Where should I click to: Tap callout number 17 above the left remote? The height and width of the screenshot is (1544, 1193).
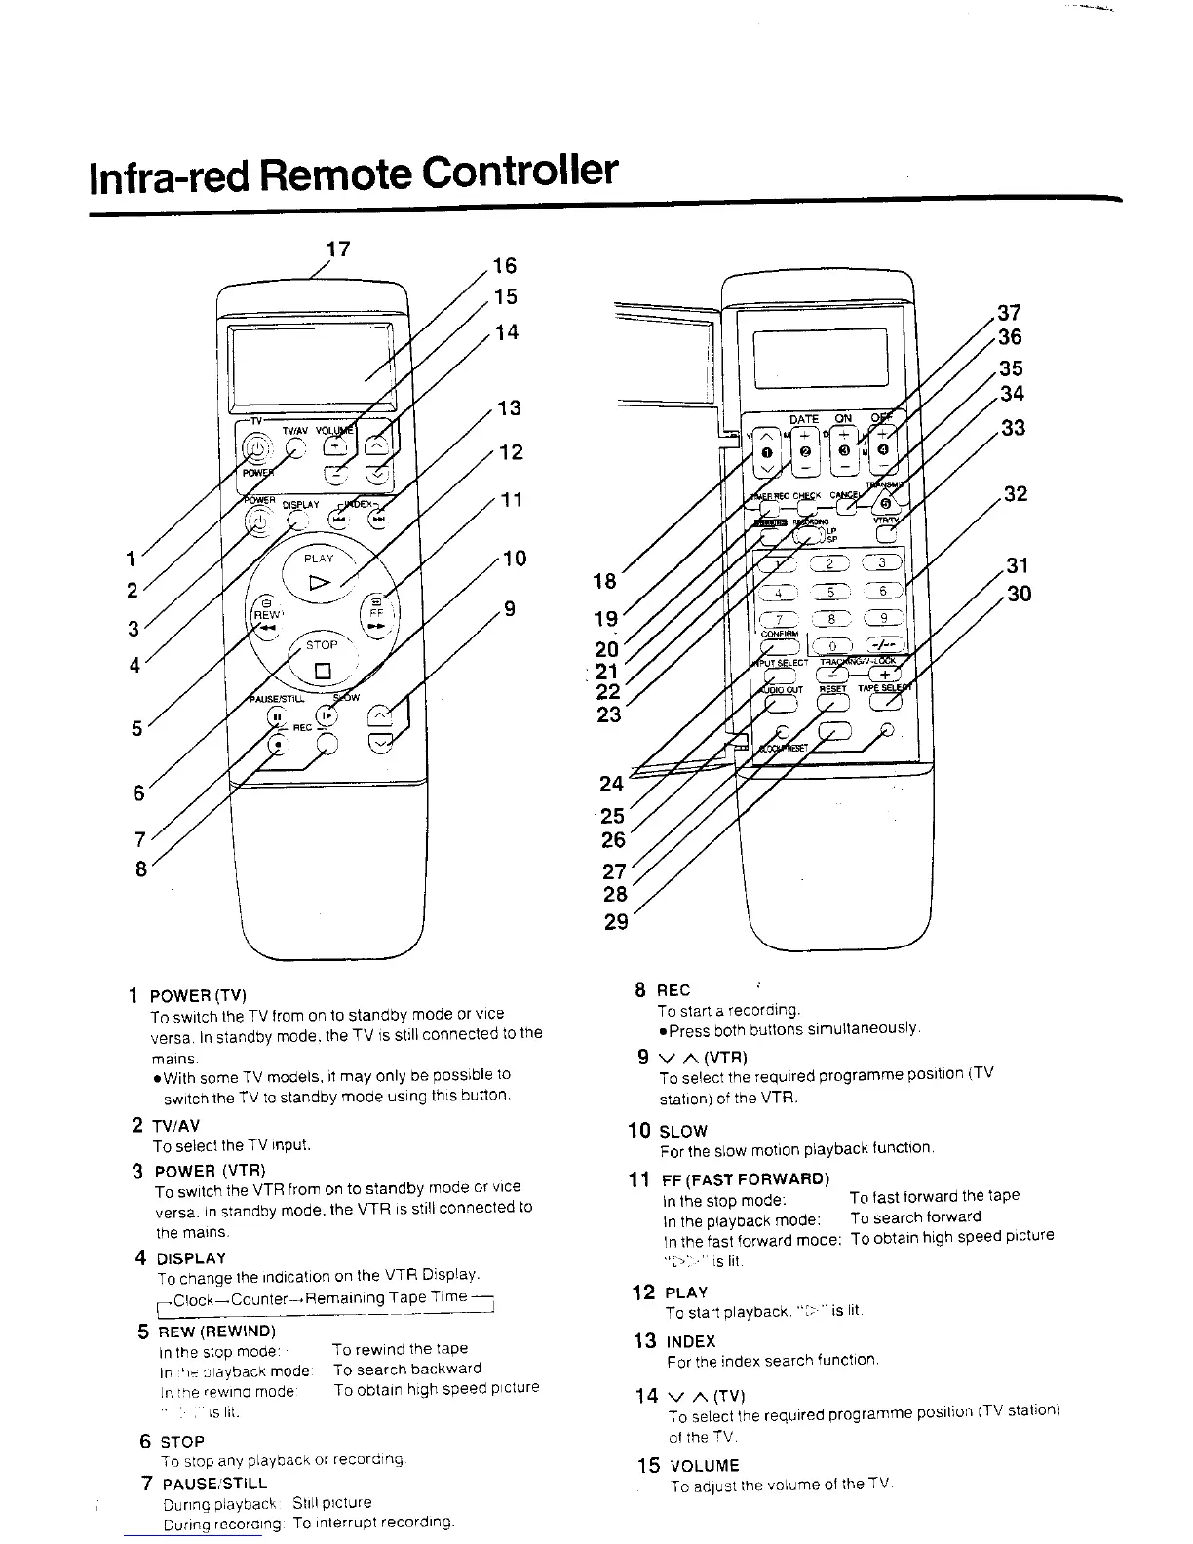tap(337, 250)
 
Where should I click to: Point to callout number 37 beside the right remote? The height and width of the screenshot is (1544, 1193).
tap(1010, 313)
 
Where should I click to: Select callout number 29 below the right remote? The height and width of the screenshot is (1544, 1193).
tap(616, 921)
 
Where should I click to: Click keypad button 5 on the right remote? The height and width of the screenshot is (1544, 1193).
tap(831, 592)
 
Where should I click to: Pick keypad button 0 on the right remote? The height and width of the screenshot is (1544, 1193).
tap(831, 646)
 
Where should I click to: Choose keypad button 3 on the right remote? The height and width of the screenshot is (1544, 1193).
tap(883, 562)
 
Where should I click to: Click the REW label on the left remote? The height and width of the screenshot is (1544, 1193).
tap(265, 615)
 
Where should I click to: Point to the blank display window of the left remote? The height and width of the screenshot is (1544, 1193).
tap(310, 366)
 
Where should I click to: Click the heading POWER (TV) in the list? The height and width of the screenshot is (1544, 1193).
tap(198, 995)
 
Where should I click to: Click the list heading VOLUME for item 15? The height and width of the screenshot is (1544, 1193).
tap(703, 1465)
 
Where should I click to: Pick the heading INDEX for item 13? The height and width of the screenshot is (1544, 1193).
tap(691, 1341)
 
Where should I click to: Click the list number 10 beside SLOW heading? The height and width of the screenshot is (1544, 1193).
tap(639, 1131)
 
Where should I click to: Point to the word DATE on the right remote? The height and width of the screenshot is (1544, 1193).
tap(804, 419)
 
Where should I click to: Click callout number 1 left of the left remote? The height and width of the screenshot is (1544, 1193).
tap(131, 560)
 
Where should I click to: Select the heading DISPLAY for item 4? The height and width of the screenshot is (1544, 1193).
tap(191, 1258)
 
